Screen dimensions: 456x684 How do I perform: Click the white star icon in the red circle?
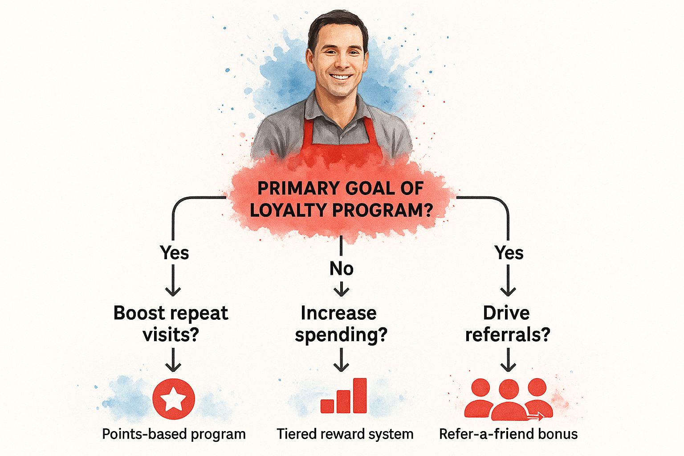pos(173,399)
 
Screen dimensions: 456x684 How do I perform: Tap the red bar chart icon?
pos(344,396)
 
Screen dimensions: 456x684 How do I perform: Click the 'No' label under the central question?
pos(342,269)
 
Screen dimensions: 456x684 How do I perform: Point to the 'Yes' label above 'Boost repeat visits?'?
pos(175,253)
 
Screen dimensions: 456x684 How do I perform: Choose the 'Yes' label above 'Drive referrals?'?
pos(509,253)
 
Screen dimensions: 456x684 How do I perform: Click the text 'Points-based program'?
pos(174,434)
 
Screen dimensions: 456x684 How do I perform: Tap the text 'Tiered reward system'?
pos(345,434)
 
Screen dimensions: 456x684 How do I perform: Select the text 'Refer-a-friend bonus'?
pos(508,434)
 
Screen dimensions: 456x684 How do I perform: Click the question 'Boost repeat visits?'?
pos(171,324)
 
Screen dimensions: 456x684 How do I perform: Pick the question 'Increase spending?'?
pos(341,324)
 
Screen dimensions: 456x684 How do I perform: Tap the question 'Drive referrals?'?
pos(508,324)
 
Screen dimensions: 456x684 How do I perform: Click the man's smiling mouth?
pos(340,77)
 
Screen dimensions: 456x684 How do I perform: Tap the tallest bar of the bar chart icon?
pos(360,395)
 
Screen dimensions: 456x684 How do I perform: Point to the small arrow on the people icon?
pos(536,417)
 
